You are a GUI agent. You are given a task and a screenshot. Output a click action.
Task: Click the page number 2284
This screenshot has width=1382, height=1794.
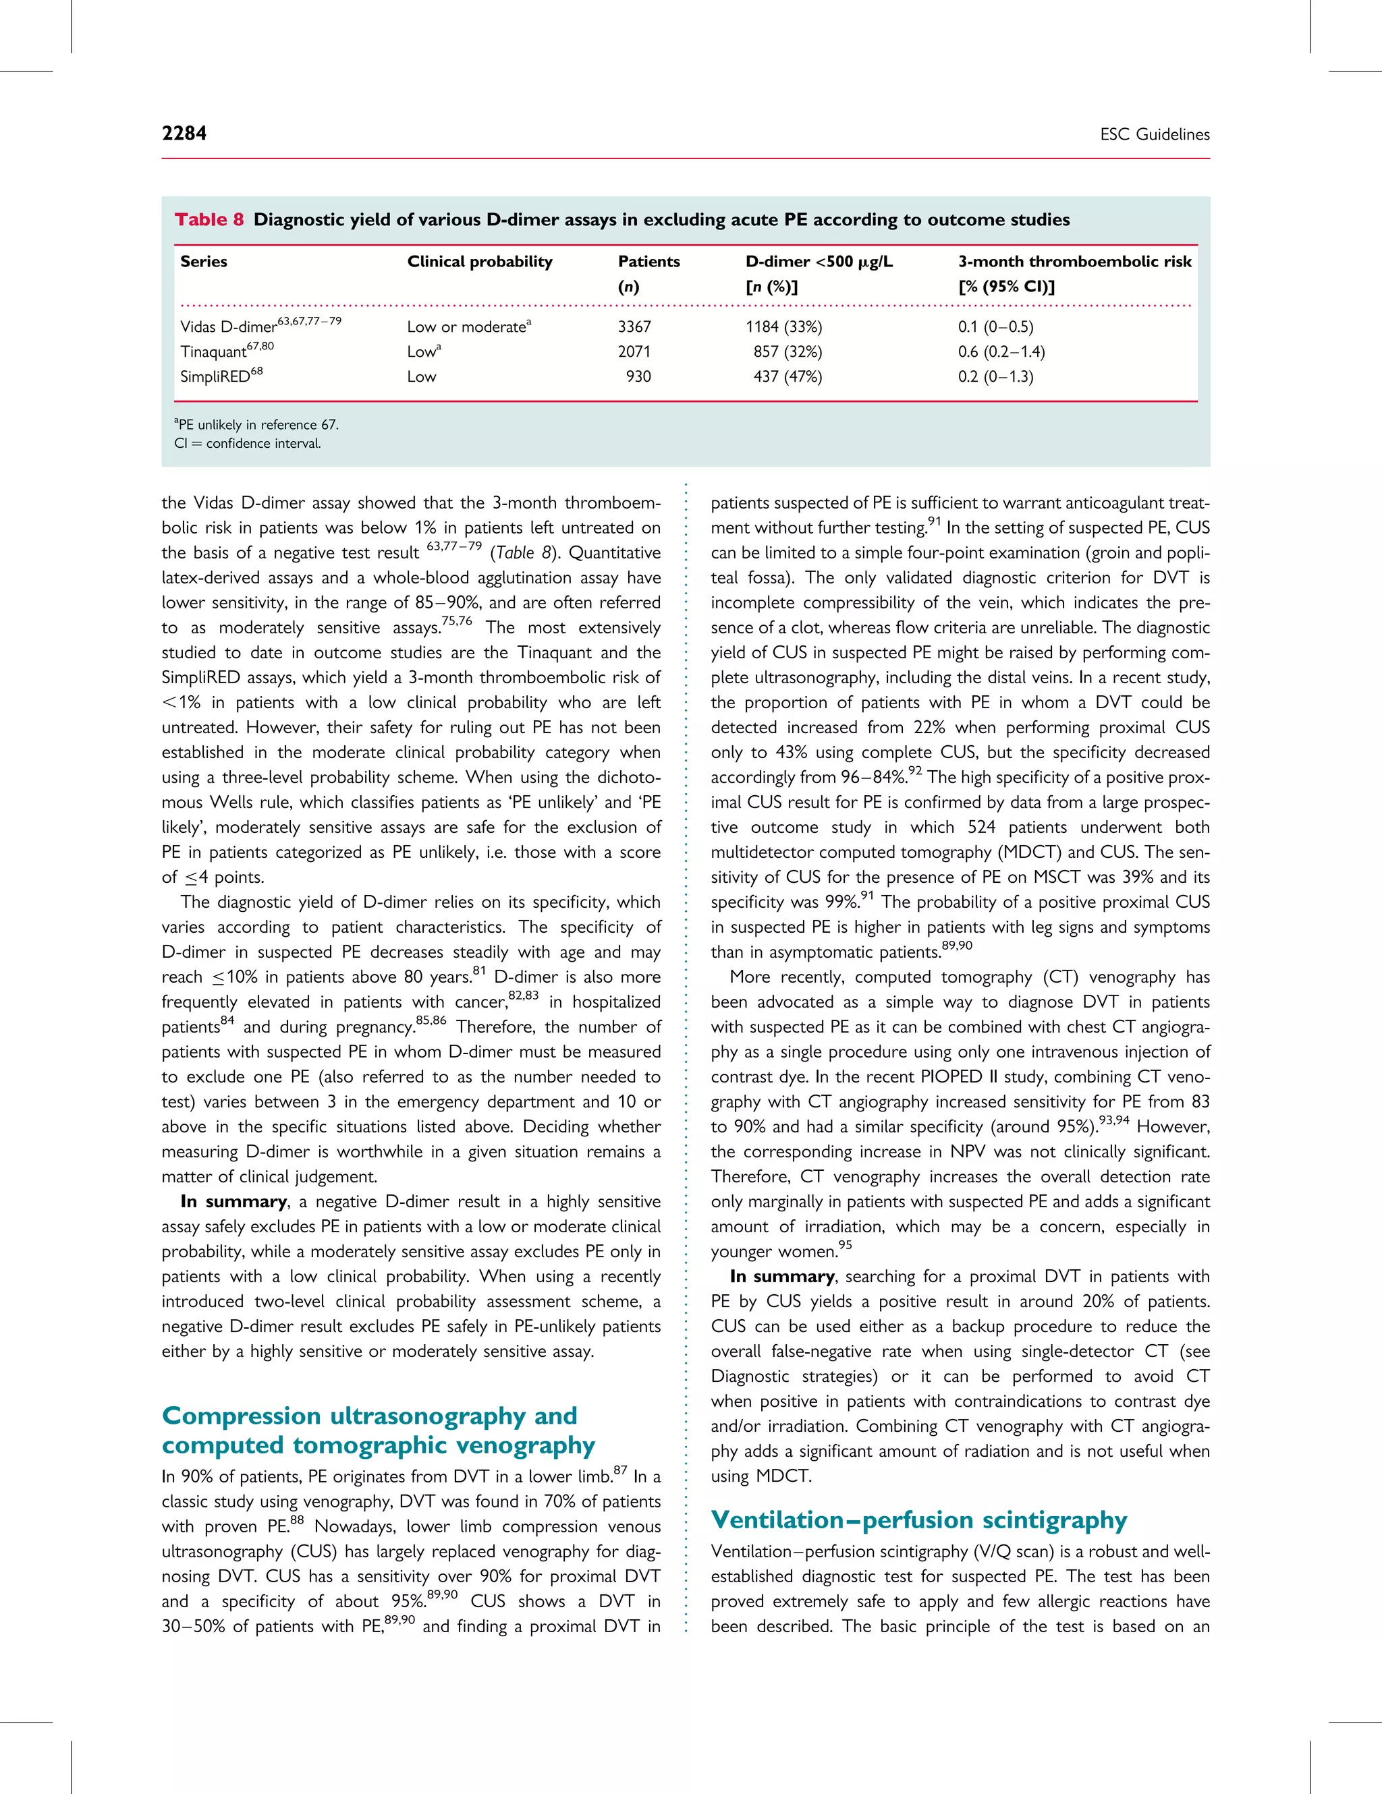click(x=184, y=133)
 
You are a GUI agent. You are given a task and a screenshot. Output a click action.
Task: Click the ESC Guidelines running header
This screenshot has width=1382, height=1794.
click(x=1155, y=135)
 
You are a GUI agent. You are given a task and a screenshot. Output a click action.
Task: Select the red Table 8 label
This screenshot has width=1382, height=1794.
click(x=209, y=219)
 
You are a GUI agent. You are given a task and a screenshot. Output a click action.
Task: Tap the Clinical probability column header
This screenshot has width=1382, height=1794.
click(x=480, y=261)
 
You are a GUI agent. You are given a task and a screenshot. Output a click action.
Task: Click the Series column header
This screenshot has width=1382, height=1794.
click(x=204, y=261)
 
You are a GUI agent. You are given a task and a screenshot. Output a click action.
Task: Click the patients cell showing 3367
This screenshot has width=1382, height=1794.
click(x=634, y=326)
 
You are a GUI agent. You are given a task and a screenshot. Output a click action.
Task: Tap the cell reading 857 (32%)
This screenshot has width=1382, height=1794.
click(x=787, y=351)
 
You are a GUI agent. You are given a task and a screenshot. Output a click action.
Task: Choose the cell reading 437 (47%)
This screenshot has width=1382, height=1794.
click(x=787, y=376)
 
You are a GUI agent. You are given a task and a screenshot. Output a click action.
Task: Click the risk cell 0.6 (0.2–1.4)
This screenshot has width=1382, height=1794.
click(x=1001, y=351)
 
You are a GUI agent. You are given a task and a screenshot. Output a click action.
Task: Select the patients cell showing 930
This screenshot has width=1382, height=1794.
click(x=638, y=376)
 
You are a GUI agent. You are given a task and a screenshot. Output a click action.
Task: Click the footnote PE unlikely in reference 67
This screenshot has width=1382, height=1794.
click(x=256, y=425)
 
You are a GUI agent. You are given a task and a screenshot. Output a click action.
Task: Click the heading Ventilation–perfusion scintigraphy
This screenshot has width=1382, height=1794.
click(x=918, y=1520)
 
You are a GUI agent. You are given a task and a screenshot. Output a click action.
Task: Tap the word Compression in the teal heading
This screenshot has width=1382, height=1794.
click(x=241, y=1416)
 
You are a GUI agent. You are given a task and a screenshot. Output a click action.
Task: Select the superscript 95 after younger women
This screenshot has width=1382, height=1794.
click(x=845, y=1245)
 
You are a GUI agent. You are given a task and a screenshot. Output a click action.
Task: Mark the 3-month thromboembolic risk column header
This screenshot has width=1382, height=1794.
click(x=1074, y=261)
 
